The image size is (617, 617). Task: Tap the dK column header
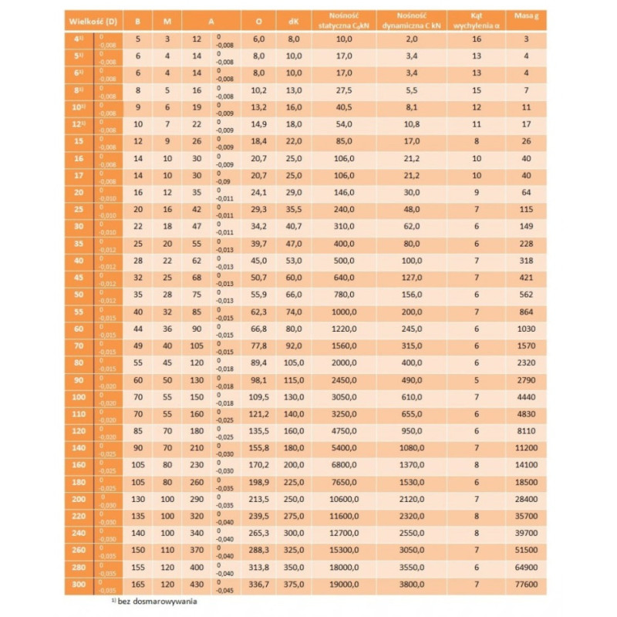[293, 18]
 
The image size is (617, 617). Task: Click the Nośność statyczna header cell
[344, 18]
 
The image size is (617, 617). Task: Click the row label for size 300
[77, 585]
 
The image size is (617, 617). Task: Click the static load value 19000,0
[344, 585]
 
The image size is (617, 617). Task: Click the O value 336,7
[255, 585]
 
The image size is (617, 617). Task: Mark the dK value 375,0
[293, 585]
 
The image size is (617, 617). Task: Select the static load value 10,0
[344, 39]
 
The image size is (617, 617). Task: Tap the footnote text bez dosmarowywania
[154, 604]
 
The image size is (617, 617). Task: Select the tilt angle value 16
[476, 39]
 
